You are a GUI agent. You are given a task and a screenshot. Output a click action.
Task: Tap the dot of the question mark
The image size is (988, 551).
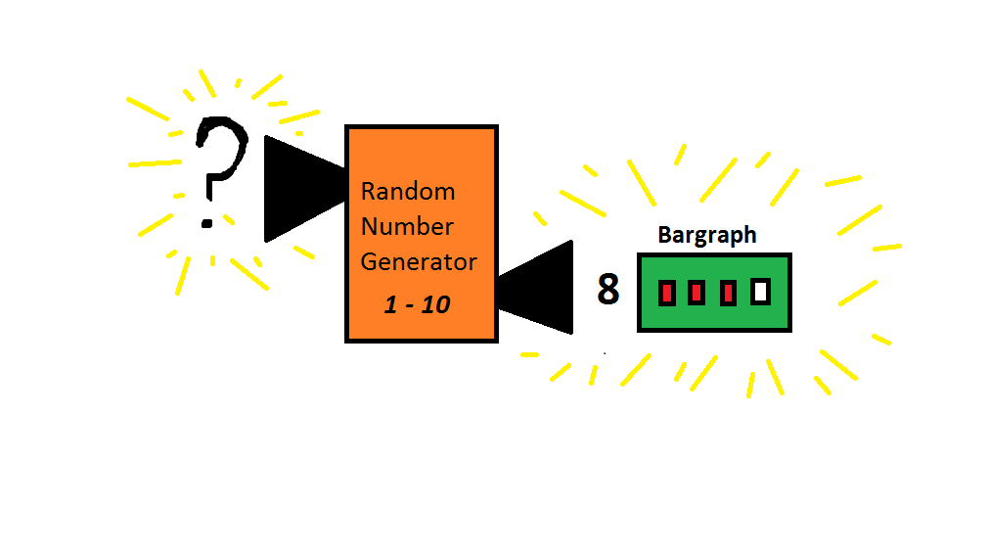[207, 223]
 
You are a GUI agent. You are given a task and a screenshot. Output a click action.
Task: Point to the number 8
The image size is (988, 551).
[608, 290]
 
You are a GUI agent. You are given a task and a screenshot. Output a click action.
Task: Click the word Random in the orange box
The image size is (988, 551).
[408, 191]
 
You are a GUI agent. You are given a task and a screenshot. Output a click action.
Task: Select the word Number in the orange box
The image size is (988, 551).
[407, 227]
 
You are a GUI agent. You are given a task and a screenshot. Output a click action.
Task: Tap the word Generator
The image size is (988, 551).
[419, 262]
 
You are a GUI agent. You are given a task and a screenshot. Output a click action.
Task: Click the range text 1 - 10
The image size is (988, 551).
[417, 305]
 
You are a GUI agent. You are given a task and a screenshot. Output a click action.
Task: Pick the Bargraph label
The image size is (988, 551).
[707, 236]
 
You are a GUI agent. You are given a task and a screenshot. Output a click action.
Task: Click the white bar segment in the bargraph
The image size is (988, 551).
[760, 292]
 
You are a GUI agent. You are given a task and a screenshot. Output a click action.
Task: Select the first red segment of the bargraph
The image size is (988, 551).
[667, 292]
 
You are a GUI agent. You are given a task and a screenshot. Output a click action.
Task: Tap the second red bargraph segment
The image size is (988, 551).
[696, 292]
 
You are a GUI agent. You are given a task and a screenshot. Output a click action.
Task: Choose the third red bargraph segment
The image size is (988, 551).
[728, 292]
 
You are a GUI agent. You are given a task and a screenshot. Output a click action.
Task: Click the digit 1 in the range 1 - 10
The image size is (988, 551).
[390, 305]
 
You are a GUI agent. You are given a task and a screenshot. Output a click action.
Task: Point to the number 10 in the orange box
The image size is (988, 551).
[436, 305]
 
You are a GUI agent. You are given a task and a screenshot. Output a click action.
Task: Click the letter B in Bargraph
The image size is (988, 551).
[665, 236]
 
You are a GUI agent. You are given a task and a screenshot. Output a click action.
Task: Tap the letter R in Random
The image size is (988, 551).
[368, 191]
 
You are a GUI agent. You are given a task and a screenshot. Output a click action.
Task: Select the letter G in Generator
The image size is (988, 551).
[369, 262]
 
